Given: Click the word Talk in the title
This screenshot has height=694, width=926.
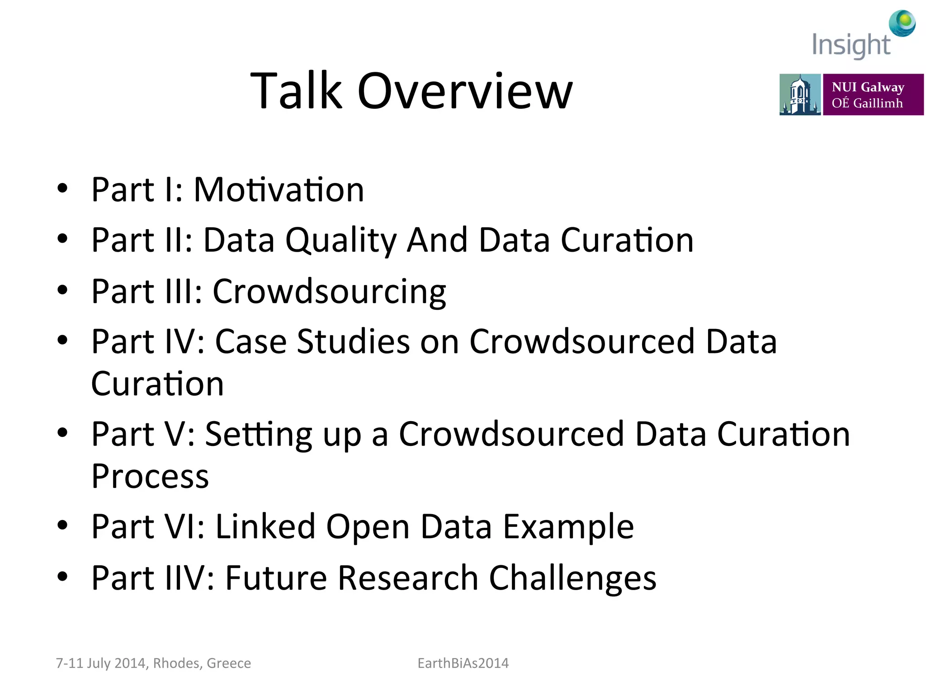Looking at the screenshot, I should point(297,92).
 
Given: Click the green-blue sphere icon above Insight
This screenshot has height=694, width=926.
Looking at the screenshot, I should point(902,23).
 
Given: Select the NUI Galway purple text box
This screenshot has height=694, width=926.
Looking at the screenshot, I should point(873,94).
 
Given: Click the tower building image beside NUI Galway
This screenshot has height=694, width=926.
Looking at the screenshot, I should point(799,94).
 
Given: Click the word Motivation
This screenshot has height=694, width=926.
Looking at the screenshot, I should point(279,190).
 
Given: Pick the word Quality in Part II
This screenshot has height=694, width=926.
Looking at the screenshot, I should point(341,241).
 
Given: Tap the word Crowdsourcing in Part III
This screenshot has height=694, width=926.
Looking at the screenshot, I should point(329,292).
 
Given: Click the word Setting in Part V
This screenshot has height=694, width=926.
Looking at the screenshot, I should point(259,435).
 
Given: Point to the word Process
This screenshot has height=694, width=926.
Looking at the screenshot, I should point(150,477).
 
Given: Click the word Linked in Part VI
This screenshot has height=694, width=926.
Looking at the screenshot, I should point(265,527).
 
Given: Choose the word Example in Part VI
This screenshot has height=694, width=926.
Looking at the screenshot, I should point(568,527).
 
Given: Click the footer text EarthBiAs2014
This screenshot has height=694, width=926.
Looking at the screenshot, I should point(463,663).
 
